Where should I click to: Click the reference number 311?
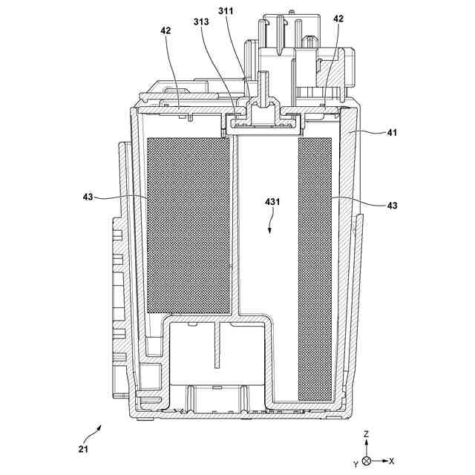227,11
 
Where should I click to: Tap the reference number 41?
392,133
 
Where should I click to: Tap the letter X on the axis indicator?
393,462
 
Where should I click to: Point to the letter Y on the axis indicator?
356,463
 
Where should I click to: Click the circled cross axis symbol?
367,462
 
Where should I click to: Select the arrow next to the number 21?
95,432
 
